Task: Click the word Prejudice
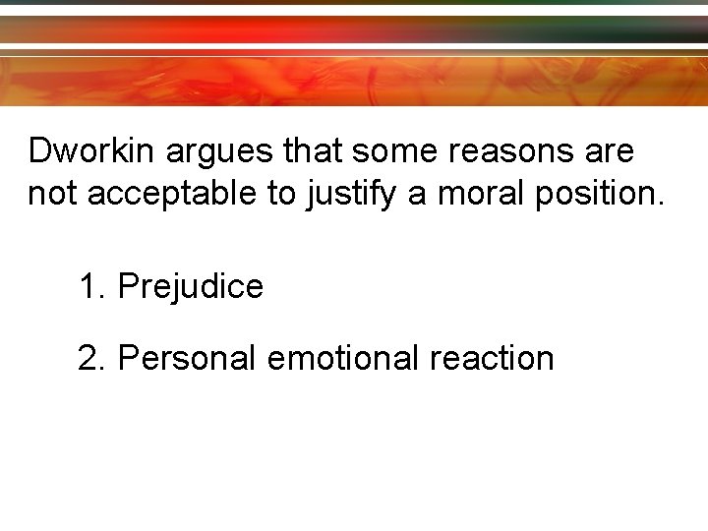(190, 287)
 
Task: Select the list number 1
(89, 287)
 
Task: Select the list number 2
(89, 358)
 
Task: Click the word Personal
(187, 358)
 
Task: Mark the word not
(53, 194)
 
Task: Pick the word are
(610, 152)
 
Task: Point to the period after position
(660, 203)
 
